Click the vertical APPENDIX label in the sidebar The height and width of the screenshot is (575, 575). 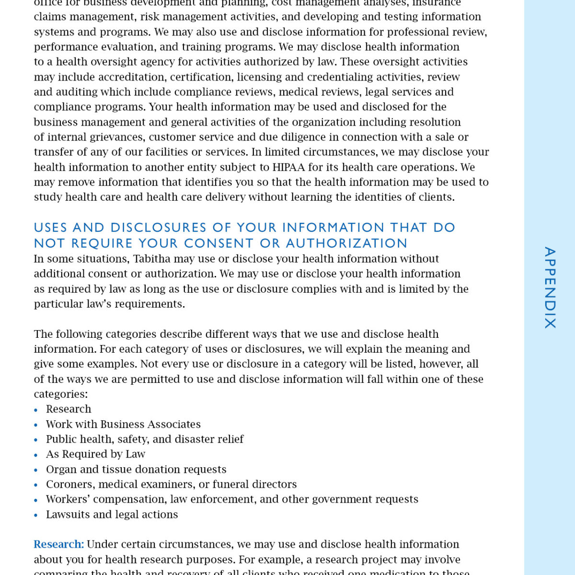click(550, 287)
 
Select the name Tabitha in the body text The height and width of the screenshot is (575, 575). click(151, 259)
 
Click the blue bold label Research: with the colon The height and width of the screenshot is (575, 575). click(58, 544)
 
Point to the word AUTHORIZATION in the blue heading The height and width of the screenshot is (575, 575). click(346, 243)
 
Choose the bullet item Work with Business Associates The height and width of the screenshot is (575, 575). click(123, 424)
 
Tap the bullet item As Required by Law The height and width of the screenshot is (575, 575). click(95, 454)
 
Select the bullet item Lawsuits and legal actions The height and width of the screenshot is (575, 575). click(112, 515)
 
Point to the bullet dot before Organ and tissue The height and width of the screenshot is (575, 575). click(36, 470)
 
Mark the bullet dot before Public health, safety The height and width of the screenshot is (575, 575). click(36, 440)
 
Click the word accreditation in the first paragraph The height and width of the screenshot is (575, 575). click(131, 77)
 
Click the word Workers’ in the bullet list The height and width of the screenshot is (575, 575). click(68, 499)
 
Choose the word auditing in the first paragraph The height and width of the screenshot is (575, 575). click(76, 92)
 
